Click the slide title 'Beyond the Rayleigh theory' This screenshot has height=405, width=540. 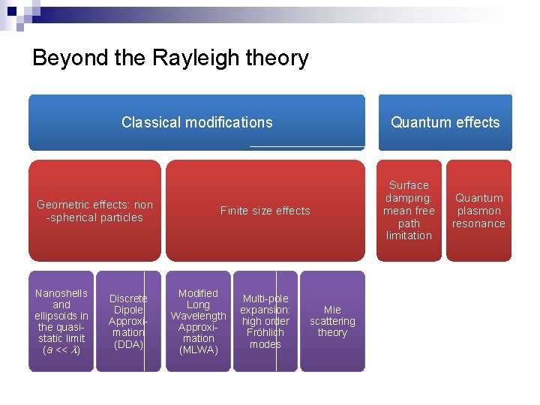(x=170, y=58)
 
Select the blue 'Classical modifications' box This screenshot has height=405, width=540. (x=196, y=122)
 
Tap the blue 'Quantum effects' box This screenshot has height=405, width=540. (x=445, y=122)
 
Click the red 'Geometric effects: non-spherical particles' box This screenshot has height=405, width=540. (x=94, y=211)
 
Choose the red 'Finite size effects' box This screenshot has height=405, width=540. (x=265, y=211)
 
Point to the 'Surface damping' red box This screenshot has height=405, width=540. (x=409, y=210)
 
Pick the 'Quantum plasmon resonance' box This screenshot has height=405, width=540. (x=478, y=210)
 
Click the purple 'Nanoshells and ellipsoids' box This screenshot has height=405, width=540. (x=61, y=321)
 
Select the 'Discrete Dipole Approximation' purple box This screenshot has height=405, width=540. (x=127, y=321)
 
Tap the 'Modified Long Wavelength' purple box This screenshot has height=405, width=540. (x=198, y=321)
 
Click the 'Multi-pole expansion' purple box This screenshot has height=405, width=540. (x=265, y=321)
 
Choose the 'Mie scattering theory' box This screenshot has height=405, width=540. (x=332, y=321)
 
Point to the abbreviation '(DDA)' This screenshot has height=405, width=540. (x=127, y=344)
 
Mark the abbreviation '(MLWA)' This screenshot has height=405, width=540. (x=198, y=349)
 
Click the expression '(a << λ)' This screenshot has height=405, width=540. (x=61, y=349)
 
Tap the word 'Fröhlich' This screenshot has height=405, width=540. (x=265, y=332)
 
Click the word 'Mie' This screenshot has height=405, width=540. (x=332, y=309)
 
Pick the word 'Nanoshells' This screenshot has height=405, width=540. (x=61, y=293)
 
